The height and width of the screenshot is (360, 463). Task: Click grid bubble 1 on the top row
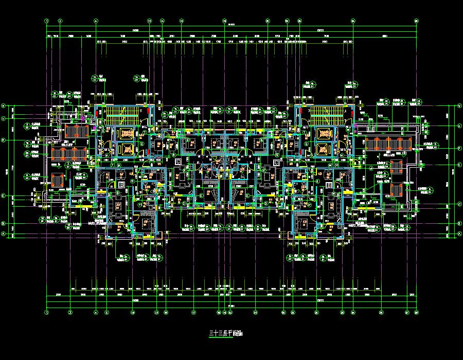coord(47,21)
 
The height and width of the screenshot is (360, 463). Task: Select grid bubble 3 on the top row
coord(60,21)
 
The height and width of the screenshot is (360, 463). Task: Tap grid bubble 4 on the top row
coord(96,21)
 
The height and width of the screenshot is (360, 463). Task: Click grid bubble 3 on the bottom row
coord(70,312)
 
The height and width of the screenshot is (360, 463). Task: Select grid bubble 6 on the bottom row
coord(107,312)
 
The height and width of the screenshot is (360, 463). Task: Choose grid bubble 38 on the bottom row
coord(416,312)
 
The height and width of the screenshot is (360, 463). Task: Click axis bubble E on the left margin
coord(3,196)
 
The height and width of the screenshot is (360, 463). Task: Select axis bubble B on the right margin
coord(459,224)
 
